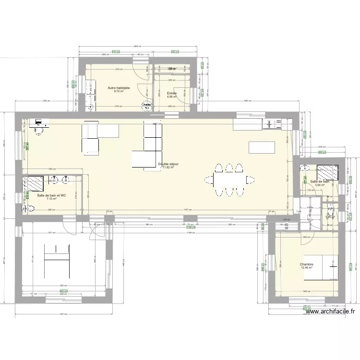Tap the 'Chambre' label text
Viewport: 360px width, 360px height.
(306, 264)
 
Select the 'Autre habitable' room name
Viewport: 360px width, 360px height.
(119, 88)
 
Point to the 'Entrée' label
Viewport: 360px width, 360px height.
(171, 93)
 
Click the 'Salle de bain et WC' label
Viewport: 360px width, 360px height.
(51, 195)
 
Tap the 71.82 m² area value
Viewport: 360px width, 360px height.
(168, 168)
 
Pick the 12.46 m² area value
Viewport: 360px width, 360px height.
(307, 268)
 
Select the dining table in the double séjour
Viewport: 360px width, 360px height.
(229, 180)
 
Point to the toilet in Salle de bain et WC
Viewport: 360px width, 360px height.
(28, 209)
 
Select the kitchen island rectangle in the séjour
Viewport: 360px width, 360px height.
(262, 148)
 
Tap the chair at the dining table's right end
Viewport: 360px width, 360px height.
(250, 180)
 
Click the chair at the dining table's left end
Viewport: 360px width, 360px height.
(209, 180)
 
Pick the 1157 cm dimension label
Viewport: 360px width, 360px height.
(187, 210)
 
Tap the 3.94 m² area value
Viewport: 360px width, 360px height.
(319, 185)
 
